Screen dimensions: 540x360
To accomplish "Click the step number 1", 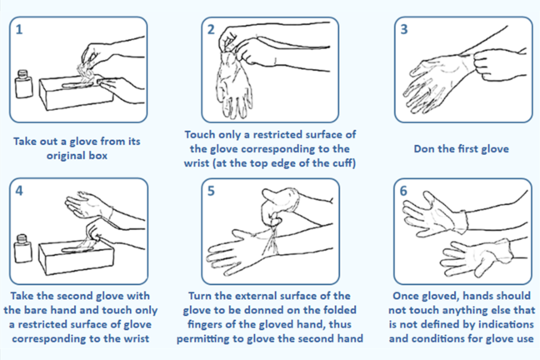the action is (x=19, y=29).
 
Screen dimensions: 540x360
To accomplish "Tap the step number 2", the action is (x=211, y=29).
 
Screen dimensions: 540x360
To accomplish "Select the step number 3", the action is (x=404, y=29).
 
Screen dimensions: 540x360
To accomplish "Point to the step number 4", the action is (x=19, y=191).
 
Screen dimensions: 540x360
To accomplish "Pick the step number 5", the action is (x=211, y=191).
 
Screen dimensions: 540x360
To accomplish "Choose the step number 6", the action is (x=403, y=191).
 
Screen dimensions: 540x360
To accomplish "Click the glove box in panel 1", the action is (x=77, y=92).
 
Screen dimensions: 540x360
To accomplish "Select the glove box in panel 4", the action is (x=76, y=257).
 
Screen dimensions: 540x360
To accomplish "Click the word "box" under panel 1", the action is (x=98, y=156).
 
